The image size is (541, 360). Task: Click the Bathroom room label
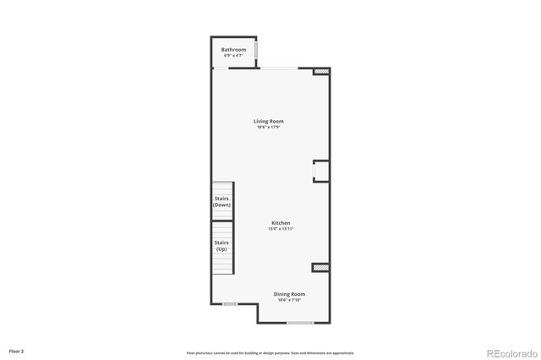[234, 50]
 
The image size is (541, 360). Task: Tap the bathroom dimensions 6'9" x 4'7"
[234, 56]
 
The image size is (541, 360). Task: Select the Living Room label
[269, 121]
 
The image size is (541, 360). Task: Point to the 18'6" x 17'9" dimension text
[269, 128]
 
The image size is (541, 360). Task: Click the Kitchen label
[281, 223]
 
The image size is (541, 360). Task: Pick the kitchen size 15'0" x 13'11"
[281, 229]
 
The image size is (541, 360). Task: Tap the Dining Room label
[288, 293]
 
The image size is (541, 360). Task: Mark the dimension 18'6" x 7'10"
[288, 300]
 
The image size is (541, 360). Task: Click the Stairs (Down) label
[222, 202]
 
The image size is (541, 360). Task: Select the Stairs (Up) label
[221, 246]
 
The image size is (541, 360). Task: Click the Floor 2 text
[17, 350]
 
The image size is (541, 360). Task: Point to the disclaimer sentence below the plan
[270, 352]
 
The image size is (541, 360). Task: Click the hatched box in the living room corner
[320, 74]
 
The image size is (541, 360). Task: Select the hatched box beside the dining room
[320, 268]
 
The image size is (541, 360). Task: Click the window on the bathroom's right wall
[256, 55]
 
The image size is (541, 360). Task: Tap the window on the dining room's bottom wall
[300, 322]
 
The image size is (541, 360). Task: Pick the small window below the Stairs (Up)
[229, 304]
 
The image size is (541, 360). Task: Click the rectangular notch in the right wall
[321, 171]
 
